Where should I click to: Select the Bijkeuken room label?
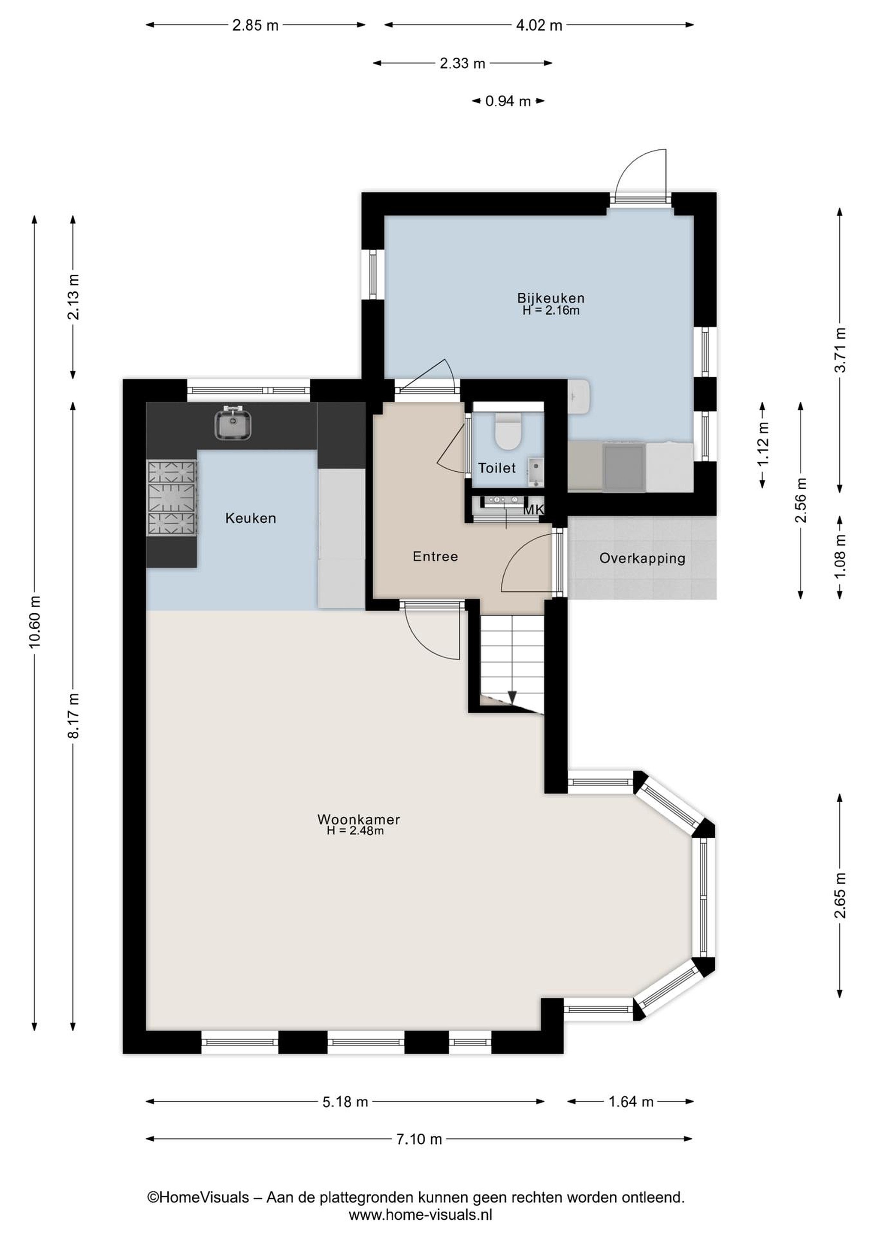coord(550,298)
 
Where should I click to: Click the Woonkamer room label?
coord(358,819)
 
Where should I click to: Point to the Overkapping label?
coord(642,558)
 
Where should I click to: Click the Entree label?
coord(435,556)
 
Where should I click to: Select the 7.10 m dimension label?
coord(419,1139)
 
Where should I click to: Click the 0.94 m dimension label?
coord(508,101)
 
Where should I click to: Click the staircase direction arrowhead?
coord(512,697)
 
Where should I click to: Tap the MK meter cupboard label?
coord(533,509)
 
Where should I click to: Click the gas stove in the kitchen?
coord(172,498)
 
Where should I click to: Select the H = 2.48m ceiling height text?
coord(355,830)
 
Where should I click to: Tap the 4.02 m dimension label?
coord(539,25)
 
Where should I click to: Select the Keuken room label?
coord(251,518)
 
